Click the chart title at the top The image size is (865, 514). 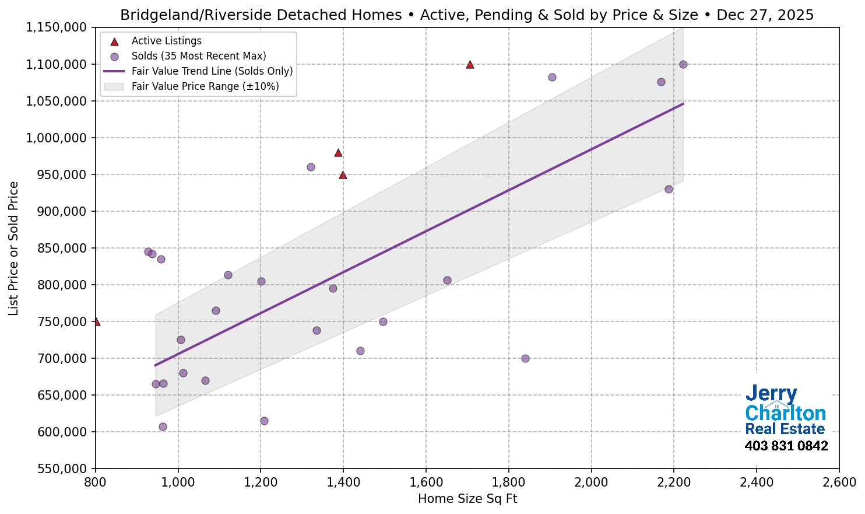click(x=467, y=15)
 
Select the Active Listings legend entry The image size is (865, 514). click(x=166, y=41)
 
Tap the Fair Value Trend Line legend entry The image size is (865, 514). click(x=212, y=71)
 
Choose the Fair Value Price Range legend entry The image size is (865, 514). click(x=205, y=86)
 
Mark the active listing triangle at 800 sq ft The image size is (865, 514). click(x=96, y=321)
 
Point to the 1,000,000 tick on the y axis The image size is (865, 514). click(x=57, y=138)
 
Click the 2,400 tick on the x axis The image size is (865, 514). click(x=756, y=482)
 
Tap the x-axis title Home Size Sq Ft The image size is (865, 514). click(x=467, y=499)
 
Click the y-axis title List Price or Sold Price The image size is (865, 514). click(x=13, y=248)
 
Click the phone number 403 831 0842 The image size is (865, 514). click(x=786, y=446)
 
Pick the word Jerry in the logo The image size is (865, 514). click(x=771, y=394)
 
